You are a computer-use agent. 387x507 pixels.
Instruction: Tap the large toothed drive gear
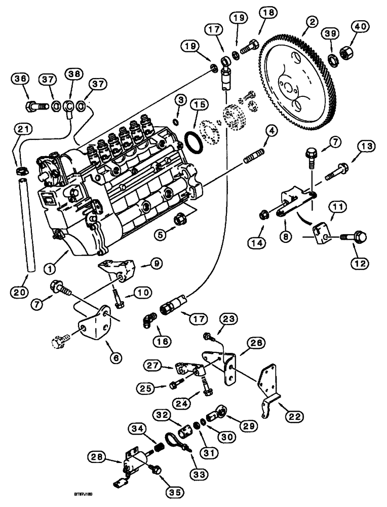coord(299,81)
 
